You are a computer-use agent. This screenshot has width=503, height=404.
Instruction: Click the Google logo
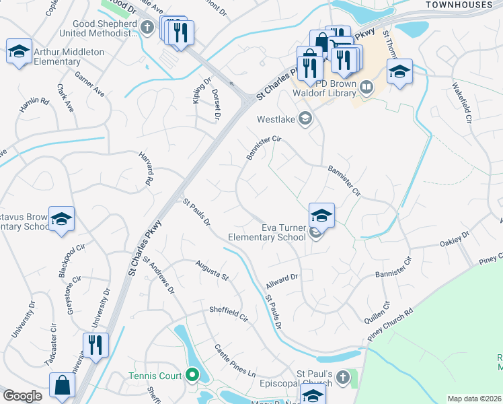22,396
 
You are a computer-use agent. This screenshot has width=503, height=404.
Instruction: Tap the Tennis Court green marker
192,375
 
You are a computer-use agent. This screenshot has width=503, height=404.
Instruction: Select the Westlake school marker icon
305,119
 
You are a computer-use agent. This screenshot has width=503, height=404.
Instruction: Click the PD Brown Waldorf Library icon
366,87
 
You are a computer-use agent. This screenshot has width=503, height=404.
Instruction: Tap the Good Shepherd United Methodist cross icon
149,28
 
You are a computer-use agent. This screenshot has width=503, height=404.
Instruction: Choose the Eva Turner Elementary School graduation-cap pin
321,215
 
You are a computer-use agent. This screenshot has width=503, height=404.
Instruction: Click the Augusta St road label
212,271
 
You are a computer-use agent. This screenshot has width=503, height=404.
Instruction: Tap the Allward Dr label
281,278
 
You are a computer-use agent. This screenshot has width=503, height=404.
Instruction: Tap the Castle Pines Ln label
235,362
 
